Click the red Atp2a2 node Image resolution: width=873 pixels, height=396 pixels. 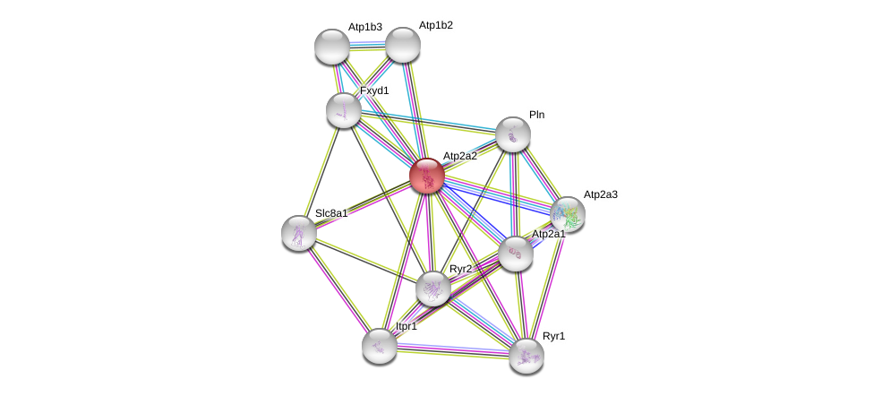coord(427,176)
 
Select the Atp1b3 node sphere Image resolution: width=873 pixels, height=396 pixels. coord(332,47)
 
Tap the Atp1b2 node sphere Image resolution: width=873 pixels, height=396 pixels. coord(402,45)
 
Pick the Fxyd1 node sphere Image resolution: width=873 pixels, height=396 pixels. coord(343,109)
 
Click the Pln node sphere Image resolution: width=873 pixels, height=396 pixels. coord(513,134)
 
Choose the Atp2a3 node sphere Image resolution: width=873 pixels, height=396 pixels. coord(567,214)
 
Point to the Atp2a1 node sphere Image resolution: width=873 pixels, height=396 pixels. coord(516,254)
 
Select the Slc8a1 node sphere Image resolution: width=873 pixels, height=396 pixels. coord(298,233)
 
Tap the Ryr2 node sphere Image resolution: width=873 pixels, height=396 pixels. coord(433,288)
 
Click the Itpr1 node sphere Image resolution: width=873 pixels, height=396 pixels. coord(380,346)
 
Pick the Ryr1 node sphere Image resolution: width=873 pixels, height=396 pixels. coord(526,356)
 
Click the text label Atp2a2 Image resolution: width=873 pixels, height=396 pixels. coord(460,157)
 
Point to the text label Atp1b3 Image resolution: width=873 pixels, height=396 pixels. coord(365,28)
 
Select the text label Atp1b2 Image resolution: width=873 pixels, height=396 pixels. coord(436,26)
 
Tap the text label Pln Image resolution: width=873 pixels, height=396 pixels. coord(536,115)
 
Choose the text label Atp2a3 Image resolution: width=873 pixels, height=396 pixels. coord(600,194)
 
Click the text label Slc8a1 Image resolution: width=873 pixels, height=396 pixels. coord(331,213)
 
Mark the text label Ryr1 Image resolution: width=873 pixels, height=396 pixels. coord(554,337)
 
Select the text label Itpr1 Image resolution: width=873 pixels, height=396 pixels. coord(407,327)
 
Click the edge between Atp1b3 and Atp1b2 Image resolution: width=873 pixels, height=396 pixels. coord(367,45)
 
